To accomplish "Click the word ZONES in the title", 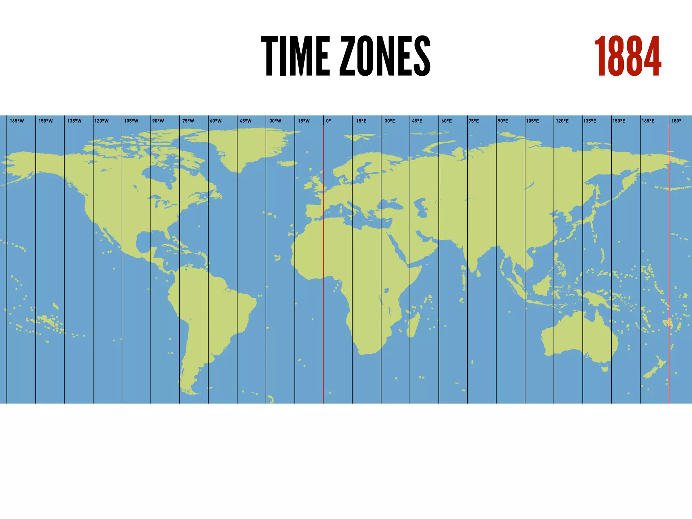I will click(x=385, y=56).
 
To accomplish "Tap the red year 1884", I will click(x=627, y=57).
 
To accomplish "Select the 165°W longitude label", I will click(x=17, y=121).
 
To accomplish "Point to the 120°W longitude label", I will click(x=101, y=121).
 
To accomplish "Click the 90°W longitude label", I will click(x=158, y=121).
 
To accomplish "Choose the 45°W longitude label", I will click(x=246, y=121).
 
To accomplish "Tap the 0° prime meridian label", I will click(x=328, y=121).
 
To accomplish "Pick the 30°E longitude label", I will click(x=390, y=121).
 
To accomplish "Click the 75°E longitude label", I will click(x=474, y=121).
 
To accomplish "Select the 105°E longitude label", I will click(x=532, y=121).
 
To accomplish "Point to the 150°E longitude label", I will click(x=619, y=121).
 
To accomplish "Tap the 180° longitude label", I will click(x=676, y=121).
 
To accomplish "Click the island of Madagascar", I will click(x=414, y=324).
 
